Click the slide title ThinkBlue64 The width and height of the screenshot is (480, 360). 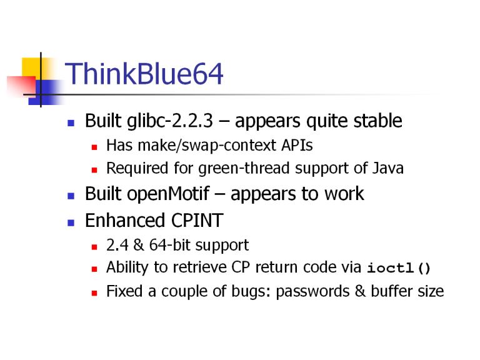(144, 74)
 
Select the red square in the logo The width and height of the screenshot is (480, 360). (21, 86)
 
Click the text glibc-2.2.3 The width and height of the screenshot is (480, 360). (170, 121)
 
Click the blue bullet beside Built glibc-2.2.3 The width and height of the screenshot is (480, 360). (71, 123)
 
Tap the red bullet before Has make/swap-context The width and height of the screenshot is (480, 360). (94, 147)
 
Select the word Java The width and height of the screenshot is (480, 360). (388, 168)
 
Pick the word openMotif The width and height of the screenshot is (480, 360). (168, 194)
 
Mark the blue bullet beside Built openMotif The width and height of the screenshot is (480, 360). (71, 196)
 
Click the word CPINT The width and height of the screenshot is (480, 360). (197, 221)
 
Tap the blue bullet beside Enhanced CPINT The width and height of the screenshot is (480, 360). (71, 222)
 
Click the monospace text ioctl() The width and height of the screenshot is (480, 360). (399, 268)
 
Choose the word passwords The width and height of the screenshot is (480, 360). (312, 291)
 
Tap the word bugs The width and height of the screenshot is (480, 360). (251, 291)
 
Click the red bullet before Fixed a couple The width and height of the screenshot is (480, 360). (94, 293)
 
